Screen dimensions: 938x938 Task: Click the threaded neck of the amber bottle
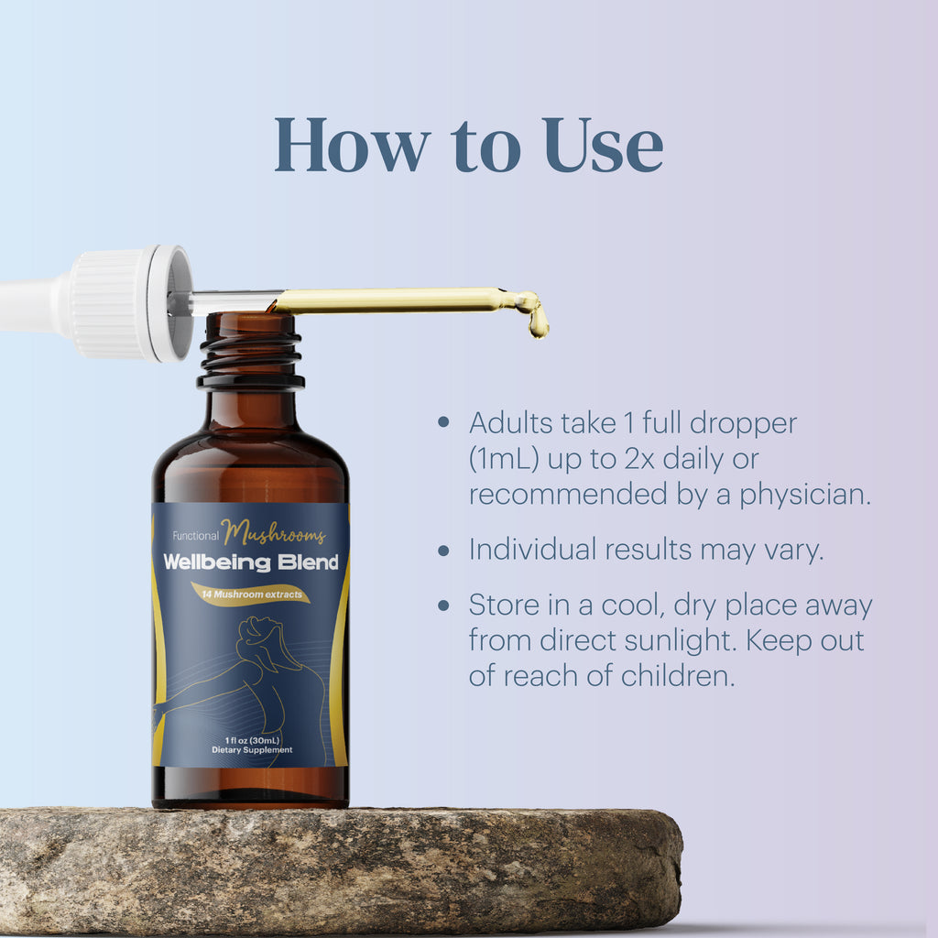pyautogui.click(x=249, y=353)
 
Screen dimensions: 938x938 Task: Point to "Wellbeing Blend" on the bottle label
pyautogui.click(x=251, y=562)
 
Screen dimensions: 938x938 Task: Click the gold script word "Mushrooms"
pyautogui.click(x=273, y=533)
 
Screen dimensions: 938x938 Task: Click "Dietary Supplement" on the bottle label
pyautogui.click(x=251, y=750)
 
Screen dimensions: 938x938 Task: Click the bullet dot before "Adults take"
pyautogui.click(x=444, y=423)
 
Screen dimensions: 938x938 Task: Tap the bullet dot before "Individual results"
pyautogui.click(x=444, y=551)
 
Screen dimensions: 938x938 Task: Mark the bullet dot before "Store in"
pyautogui.click(x=444, y=606)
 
